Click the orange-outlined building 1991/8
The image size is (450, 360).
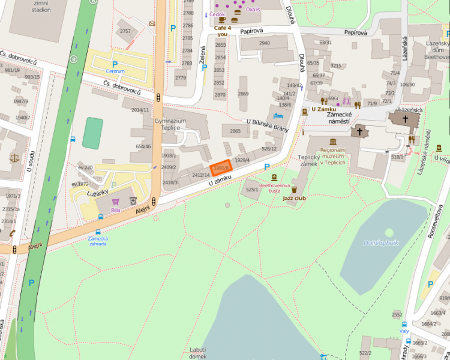(x=221, y=167)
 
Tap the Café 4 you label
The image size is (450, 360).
(x=223, y=31)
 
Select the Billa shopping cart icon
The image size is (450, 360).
(x=115, y=201)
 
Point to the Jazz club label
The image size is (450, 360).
(x=295, y=197)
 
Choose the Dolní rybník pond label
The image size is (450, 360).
(x=380, y=242)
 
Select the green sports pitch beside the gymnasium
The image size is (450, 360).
(x=92, y=133)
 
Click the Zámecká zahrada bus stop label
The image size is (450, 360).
(x=97, y=241)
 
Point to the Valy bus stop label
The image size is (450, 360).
(x=404, y=331)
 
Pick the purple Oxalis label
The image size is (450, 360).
(x=253, y=10)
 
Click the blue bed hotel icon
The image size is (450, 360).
(x=278, y=116)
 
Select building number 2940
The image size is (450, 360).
(x=264, y=43)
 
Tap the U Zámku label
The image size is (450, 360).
(x=323, y=109)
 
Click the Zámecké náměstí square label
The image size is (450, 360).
(x=339, y=121)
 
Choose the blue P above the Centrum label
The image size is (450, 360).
(x=115, y=64)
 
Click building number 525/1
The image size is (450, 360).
(x=252, y=190)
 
